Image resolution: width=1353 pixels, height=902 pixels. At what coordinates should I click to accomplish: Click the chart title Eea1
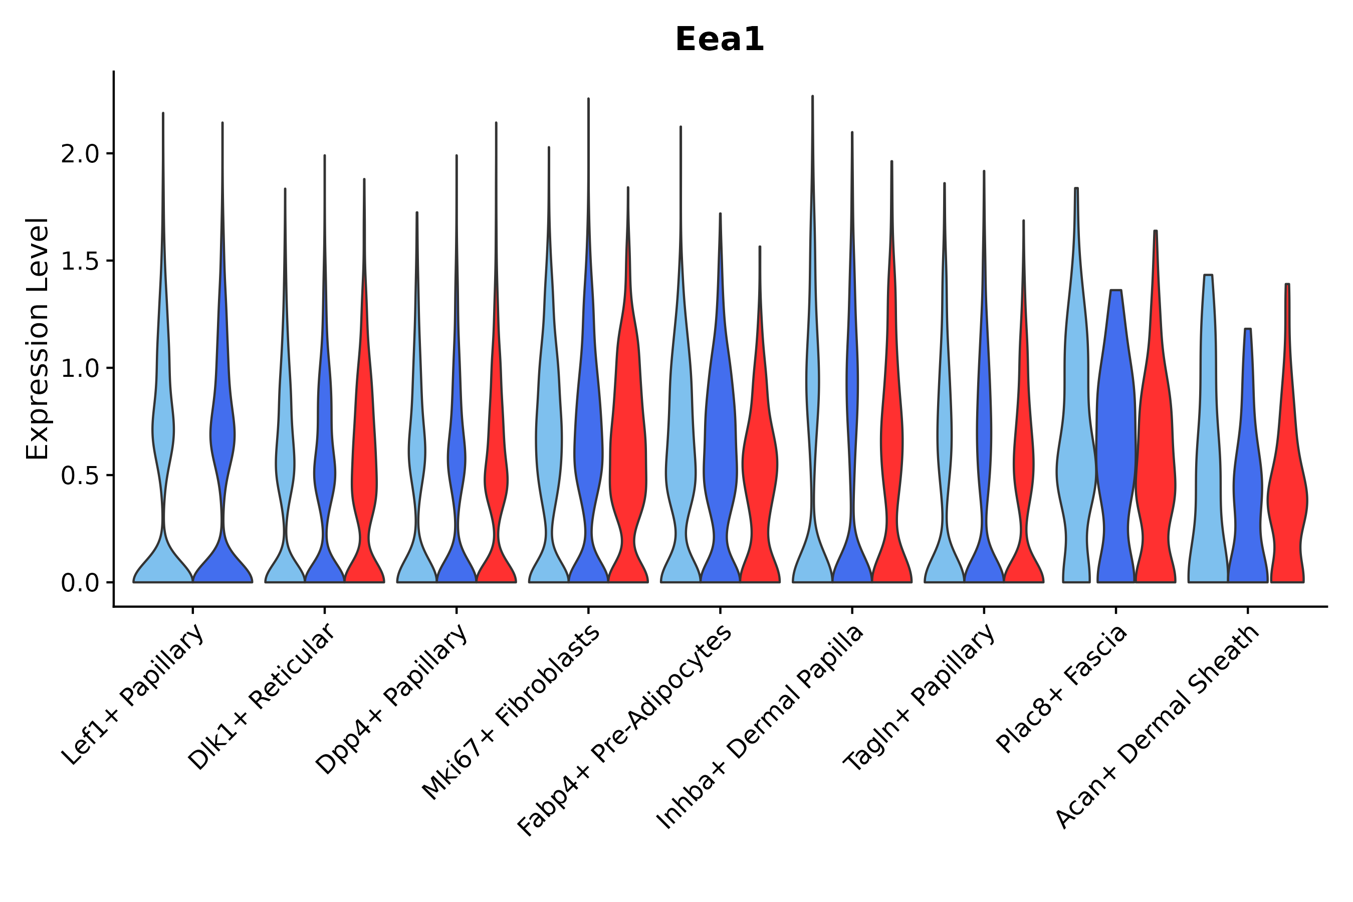[x=719, y=40]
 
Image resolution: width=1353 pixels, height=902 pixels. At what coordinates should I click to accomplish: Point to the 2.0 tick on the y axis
[x=80, y=154]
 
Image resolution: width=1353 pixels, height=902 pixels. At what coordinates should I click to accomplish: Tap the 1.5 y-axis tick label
[x=80, y=261]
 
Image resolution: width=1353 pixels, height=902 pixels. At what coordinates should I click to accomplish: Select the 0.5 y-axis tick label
[x=80, y=476]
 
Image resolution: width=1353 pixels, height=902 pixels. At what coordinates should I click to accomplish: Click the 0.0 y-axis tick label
[x=80, y=583]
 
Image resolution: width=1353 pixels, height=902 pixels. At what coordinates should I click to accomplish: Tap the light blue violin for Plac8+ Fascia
[x=1076, y=460]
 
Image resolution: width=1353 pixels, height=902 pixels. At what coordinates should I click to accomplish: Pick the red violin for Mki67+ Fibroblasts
[x=628, y=460]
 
